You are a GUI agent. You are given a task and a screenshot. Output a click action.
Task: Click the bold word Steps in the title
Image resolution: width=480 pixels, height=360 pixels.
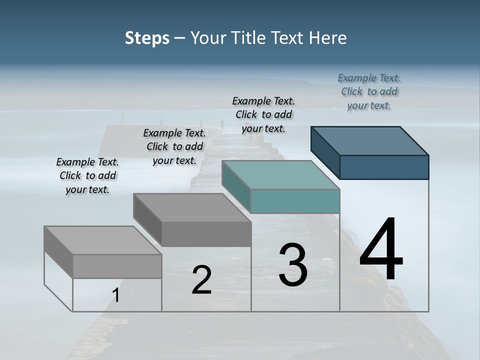pyautogui.click(x=147, y=38)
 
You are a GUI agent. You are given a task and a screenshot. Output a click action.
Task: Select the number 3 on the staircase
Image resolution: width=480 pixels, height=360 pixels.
pyautogui.click(x=292, y=265)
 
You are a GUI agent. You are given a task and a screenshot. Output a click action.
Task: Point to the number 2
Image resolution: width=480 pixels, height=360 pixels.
pyautogui.click(x=201, y=280)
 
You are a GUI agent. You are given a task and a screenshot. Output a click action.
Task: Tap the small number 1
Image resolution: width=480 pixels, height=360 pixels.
pyautogui.click(x=116, y=295)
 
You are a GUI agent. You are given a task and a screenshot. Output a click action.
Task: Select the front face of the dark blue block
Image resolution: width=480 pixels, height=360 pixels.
pyautogui.click(x=384, y=167)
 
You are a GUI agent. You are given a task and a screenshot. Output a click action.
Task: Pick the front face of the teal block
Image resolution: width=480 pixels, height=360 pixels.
pyautogui.click(x=295, y=201)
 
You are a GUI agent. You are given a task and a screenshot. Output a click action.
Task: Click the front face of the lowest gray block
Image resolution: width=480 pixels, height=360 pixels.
pyautogui.click(x=117, y=266)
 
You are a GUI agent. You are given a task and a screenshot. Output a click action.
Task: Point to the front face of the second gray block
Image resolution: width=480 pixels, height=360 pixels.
pyautogui.click(x=206, y=234)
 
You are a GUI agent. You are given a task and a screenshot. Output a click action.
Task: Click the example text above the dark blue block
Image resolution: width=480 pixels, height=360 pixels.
pyautogui.click(x=369, y=91)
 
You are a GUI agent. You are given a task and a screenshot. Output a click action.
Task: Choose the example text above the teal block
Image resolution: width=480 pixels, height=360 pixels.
pyautogui.click(x=263, y=114)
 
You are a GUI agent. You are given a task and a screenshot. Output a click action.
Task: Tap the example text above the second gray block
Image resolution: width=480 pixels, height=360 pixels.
pyautogui.click(x=174, y=146)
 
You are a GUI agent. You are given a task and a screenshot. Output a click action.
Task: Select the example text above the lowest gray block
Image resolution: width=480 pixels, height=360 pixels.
pyautogui.click(x=87, y=175)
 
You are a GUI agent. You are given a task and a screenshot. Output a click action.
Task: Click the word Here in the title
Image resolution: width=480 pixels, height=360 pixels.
pyautogui.click(x=328, y=38)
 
